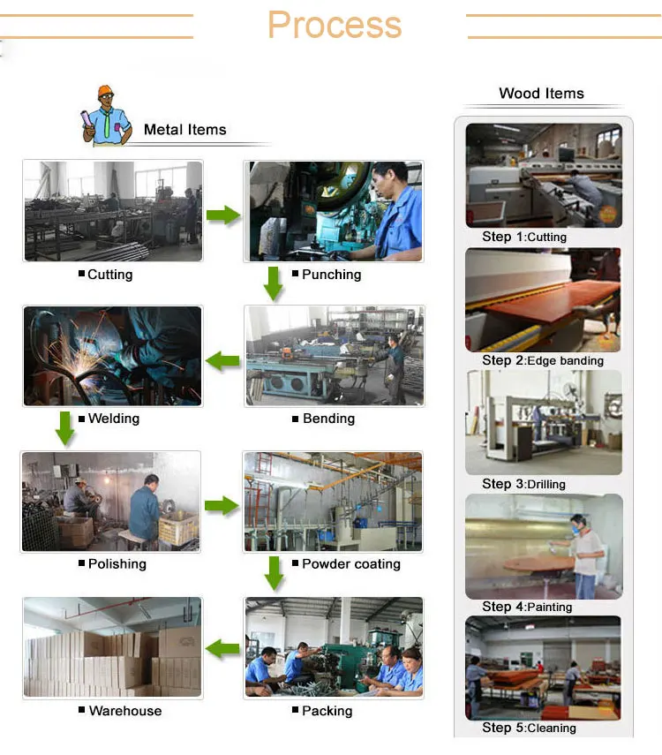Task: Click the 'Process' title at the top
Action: click(x=335, y=26)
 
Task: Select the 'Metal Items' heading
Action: click(x=184, y=130)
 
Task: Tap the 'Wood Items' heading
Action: click(x=541, y=94)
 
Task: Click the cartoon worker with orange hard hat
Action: click(x=106, y=115)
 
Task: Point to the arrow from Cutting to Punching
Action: click(x=223, y=215)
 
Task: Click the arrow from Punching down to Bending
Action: click(x=274, y=283)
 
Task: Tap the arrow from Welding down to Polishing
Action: click(x=64, y=427)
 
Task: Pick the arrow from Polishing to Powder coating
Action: click(x=222, y=505)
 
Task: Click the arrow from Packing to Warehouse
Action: click(x=223, y=650)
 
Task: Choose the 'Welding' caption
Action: click(x=113, y=419)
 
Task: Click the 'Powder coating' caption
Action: click(x=350, y=563)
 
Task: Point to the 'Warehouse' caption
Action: click(x=124, y=710)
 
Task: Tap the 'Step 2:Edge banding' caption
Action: click(x=543, y=360)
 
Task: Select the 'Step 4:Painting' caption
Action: click(x=527, y=607)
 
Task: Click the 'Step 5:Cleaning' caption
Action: click(x=529, y=728)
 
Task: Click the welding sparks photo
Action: click(x=113, y=356)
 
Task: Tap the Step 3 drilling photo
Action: click(x=544, y=422)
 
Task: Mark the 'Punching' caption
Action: click(x=331, y=275)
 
